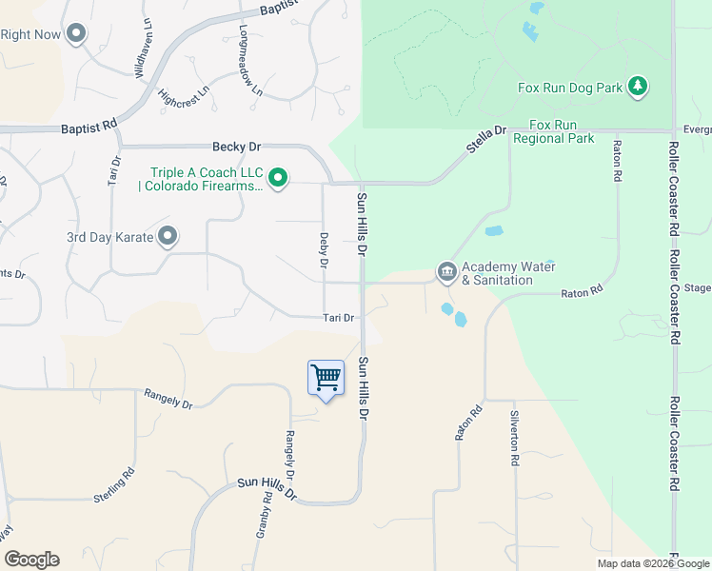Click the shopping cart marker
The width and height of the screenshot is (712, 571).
coord(326,379)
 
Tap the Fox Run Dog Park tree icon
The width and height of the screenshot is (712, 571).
coord(638,88)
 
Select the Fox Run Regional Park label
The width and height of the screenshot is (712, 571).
coord(554,132)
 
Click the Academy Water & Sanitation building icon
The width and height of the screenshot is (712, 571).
coord(446,273)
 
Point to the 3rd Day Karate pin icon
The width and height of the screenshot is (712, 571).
coord(168,236)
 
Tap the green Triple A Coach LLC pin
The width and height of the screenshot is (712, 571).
coord(278,178)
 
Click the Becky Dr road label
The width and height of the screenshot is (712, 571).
coord(235,148)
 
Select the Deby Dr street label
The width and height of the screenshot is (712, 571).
coord(325,249)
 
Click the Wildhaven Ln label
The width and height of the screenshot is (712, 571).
coord(144,58)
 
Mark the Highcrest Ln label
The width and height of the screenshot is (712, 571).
coord(183,97)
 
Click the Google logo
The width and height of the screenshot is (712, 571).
coord(31,560)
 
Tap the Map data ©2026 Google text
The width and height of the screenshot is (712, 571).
coord(653,564)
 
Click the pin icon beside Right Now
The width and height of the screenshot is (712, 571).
coord(76,34)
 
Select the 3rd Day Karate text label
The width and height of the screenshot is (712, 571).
coord(109,237)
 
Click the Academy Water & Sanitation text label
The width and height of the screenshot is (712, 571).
coord(508,274)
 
